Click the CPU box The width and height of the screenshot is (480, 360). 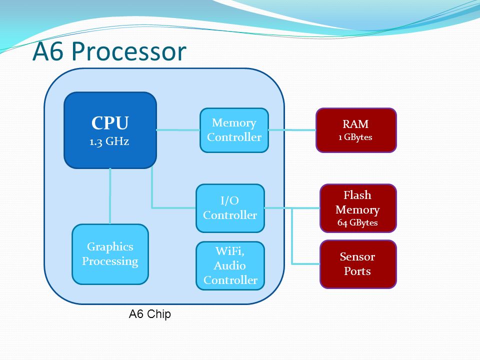pos(110,130)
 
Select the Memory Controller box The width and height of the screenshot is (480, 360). pos(234,130)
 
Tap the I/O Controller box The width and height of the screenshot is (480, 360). pos(230,208)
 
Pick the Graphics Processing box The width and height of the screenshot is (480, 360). pos(110,254)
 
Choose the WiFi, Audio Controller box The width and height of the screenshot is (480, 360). pos(230,265)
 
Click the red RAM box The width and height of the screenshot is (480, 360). pos(356,130)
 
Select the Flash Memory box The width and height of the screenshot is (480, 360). pos(358,208)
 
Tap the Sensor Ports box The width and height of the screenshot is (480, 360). pos(358,264)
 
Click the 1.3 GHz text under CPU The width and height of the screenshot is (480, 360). pos(109,141)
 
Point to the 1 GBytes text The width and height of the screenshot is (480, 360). pos(355,137)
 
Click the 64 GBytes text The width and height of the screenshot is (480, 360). pos(357,222)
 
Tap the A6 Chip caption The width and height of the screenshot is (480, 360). pos(149,314)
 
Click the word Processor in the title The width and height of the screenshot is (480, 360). pos(129,51)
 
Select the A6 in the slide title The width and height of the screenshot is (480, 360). pos(48,51)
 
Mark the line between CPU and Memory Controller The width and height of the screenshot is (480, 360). pos(178,130)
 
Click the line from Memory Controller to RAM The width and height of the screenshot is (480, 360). pos(292,130)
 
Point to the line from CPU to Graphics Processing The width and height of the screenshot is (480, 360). pos(110,196)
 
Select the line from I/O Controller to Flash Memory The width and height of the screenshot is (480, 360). pos(292,208)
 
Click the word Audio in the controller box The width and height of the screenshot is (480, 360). pos(230,265)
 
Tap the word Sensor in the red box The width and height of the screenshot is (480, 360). pos(357,256)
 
